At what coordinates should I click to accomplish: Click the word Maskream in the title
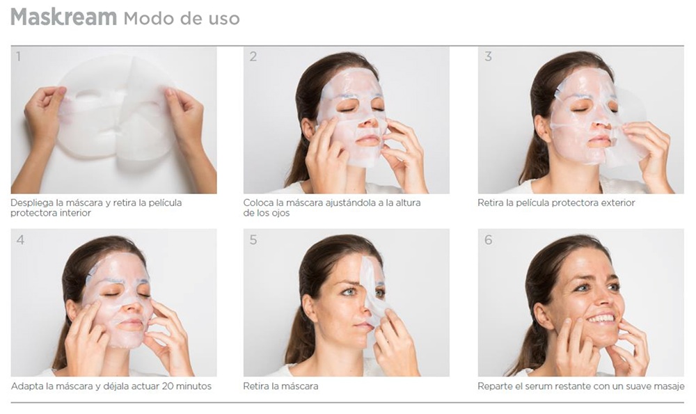point(63,17)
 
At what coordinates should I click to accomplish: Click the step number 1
point(19,57)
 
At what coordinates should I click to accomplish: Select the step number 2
point(253,57)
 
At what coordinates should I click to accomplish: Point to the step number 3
point(488,57)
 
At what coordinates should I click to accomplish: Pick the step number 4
point(20,240)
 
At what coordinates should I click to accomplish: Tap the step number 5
point(253,240)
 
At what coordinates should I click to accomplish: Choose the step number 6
point(489,240)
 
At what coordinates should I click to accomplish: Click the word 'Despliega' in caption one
point(32,203)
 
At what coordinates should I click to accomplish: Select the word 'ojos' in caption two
point(280,213)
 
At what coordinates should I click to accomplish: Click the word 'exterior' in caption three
point(618,202)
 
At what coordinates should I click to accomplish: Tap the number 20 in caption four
point(168,386)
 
